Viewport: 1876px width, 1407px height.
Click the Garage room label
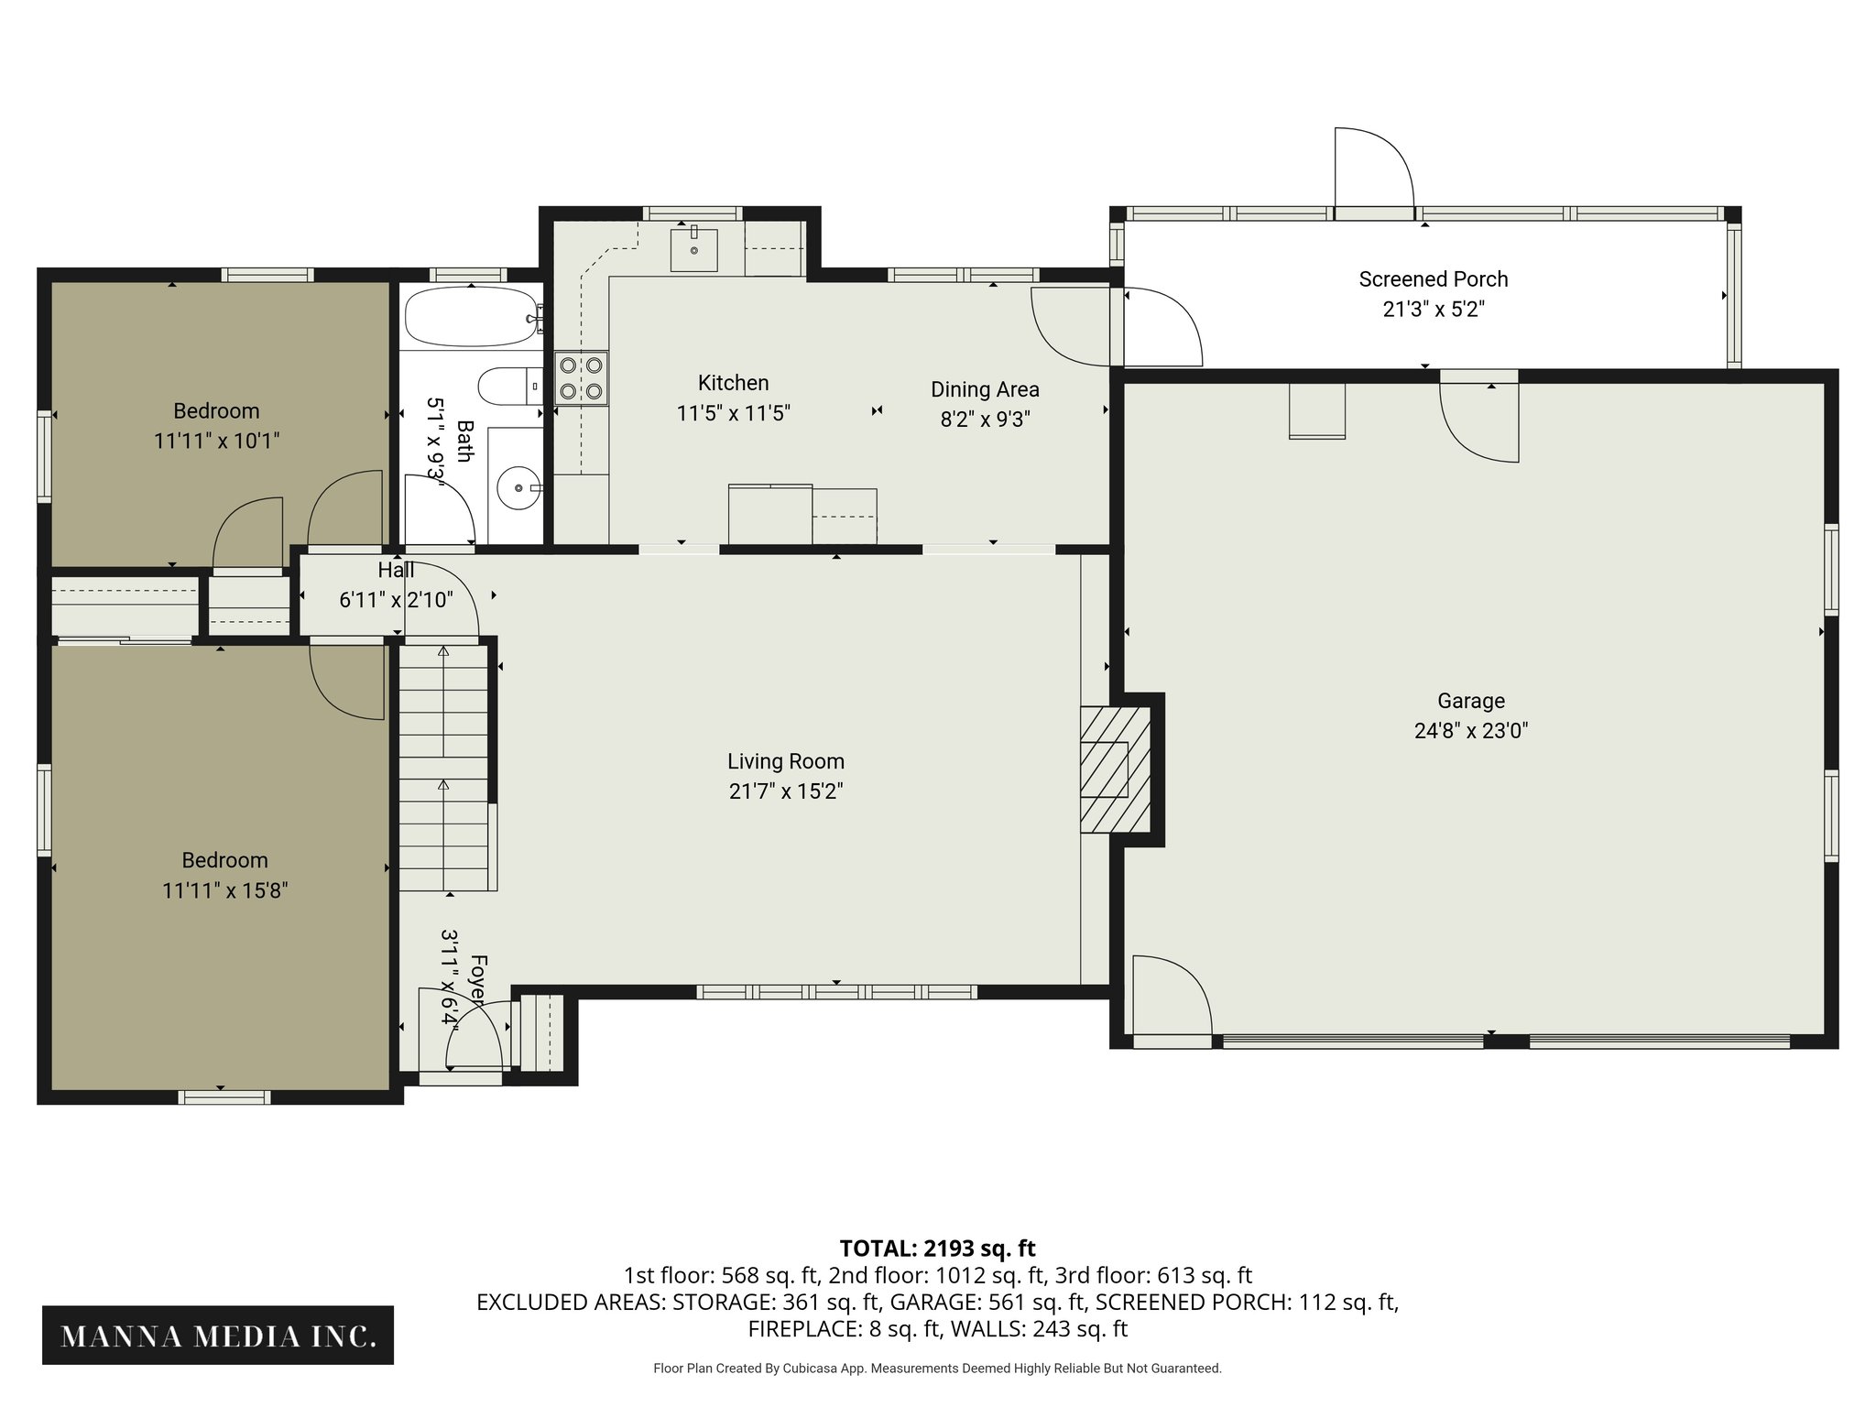[1470, 701]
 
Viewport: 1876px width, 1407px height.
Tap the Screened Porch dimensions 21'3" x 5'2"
[1433, 310]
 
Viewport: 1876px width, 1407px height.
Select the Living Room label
[785, 761]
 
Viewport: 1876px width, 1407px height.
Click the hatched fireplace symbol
[1115, 769]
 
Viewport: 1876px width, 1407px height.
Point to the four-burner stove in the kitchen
[581, 378]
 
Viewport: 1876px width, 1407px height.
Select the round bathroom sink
[520, 488]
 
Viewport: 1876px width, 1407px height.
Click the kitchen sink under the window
[693, 247]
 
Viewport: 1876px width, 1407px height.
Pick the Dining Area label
[985, 389]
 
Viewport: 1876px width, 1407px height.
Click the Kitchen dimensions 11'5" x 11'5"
[733, 413]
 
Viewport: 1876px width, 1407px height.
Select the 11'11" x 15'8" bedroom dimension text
[225, 890]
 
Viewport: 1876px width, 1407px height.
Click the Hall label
[396, 571]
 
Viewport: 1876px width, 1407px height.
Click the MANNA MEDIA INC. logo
[218, 1336]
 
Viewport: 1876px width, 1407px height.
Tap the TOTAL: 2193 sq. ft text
[937, 1249]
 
